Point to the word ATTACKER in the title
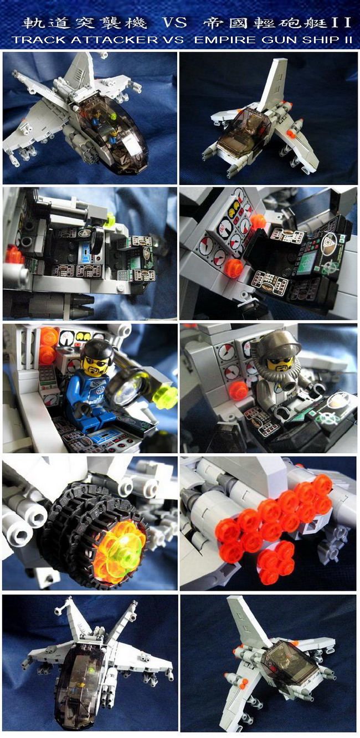[114, 40]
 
